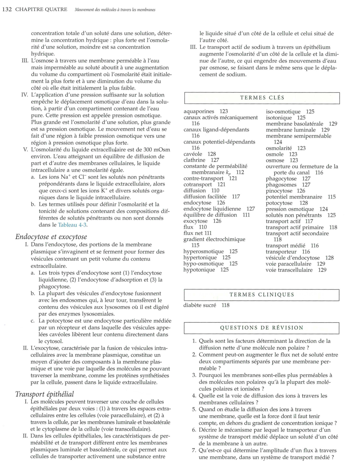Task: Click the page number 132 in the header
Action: tap(7, 9)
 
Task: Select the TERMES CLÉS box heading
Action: tap(262, 98)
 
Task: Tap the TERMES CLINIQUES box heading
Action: tap(262, 295)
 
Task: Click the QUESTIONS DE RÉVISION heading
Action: tap(262, 328)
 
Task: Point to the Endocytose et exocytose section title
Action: tap(51, 237)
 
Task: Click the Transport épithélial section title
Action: tap(44, 394)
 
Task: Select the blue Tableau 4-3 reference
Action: tap(72, 225)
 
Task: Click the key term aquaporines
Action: tap(199, 111)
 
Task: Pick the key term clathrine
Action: tap(195, 160)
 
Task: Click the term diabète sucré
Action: tap(200, 305)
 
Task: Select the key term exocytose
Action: tap(195, 221)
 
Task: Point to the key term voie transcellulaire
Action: tap(289, 270)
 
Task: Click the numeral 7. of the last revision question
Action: tap(194, 451)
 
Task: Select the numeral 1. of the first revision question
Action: tap(194, 341)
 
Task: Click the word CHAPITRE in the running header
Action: tap(29, 9)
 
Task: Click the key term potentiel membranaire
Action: tap(294, 197)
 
